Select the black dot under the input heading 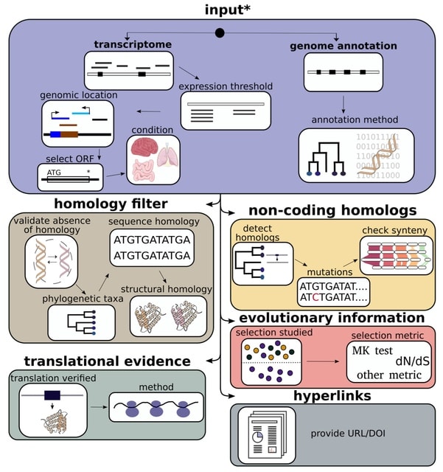click(219, 32)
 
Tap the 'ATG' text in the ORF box click(55, 173)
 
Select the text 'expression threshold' click(226, 86)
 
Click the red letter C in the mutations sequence click(313, 298)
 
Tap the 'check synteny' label click(394, 230)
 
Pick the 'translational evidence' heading click(107, 361)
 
